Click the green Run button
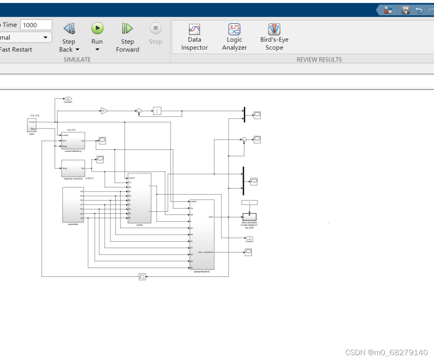tap(97, 29)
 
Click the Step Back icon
tap(69, 29)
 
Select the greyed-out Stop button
tap(156, 29)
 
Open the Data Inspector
tap(194, 29)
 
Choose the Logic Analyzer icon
tap(234, 29)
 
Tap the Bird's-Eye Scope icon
tap(274, 29)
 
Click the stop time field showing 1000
tap(36, 25)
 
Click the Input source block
tap(32, 125)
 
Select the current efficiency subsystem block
tap(73, 141)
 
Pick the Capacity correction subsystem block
tap(73, 168)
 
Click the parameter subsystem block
tap(73, 205)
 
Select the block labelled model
tap(139, 198)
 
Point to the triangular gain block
tap(104, 111)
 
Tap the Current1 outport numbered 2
tap(68, 98)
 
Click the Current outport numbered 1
tap(250, 238)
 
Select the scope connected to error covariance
tap(248, 252)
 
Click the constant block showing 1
tap(250, 202)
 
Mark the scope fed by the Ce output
tap(102, 140)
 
